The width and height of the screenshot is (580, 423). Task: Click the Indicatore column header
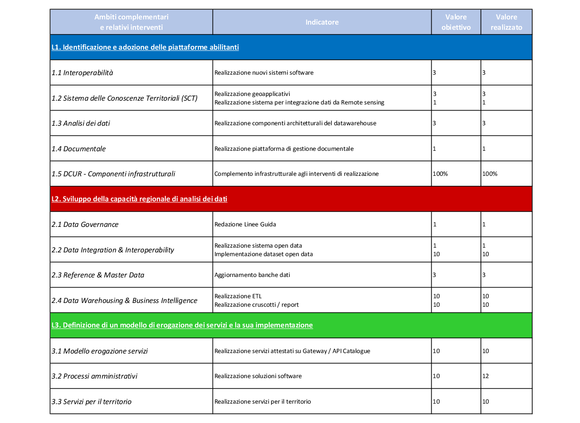(x=322, y=22)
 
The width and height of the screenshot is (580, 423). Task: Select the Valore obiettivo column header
(x=456, y=22)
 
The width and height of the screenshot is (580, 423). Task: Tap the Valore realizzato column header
(x=506, y=22)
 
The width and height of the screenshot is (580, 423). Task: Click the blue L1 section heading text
(x=145, y=47)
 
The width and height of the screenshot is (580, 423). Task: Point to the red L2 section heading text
(x=139, y=199)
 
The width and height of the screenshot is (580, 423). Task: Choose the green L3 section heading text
(x=182, y=325)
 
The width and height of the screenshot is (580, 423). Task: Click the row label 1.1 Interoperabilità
(x=82, y=73)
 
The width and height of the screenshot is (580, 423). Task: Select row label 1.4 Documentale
(x=78, y=149)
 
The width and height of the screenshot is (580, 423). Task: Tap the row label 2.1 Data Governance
(x=85, y=224)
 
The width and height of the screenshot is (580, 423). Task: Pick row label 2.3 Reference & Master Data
(x=98, y=275)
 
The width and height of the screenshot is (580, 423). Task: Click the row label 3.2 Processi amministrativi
(x=94, y=376)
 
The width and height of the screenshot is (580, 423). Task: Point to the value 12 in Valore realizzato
(x=486, y=376)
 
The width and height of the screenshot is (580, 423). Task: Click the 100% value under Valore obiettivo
(x=440, y=174)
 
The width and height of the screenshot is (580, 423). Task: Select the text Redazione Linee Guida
(x=245, y=224)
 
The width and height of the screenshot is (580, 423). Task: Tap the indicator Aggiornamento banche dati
(x=252, y=275)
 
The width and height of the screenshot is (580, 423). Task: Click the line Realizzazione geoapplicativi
(x=256, y=94)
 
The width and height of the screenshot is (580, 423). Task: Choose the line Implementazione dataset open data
(x=264, y=254)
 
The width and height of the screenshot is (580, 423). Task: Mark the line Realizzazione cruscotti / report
(x=256, y=305)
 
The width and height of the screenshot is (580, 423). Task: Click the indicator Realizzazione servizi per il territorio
(x=263, y=402)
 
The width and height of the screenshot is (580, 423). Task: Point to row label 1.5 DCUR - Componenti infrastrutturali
(x=113, y=174)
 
